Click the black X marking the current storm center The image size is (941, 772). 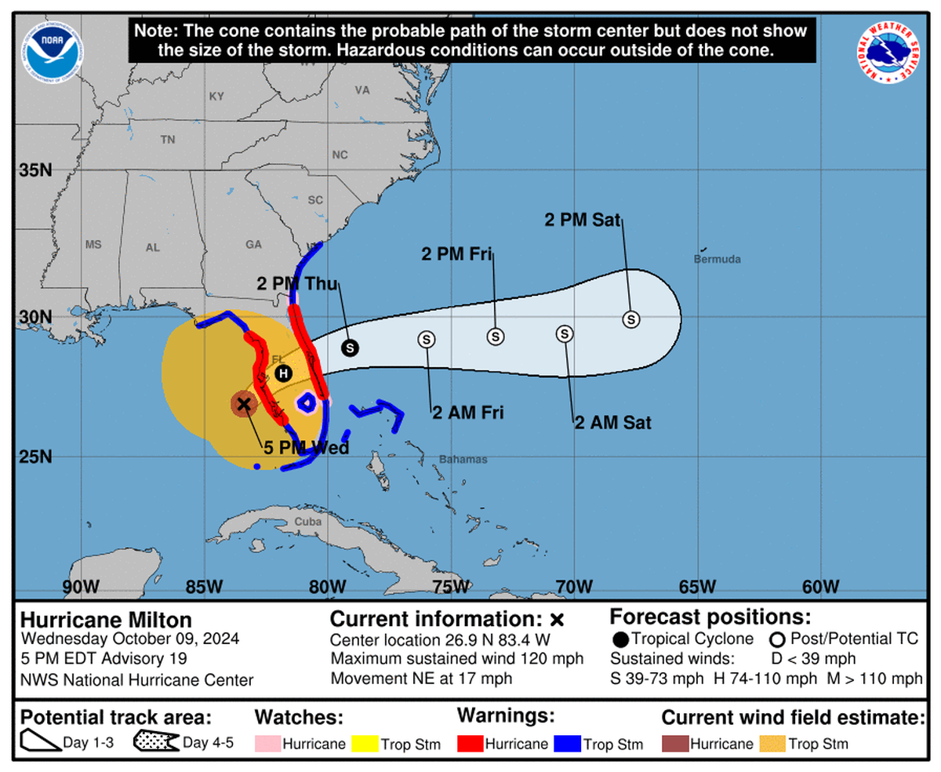(x=244, y=404)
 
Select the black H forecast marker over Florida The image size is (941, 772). (x=283, y=373)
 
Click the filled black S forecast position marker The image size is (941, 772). (x=350, y=347)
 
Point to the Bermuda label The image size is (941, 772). (x=717, y=259)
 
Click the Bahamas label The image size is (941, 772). (x=463, y=459)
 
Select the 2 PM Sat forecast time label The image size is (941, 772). (x=583, y=220)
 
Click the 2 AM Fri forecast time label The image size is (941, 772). (x=467, y=412)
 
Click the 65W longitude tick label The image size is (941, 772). (x=697, y=586)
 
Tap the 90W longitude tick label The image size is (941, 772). (x=81, y=586)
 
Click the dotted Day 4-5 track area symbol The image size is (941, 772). (x=155, y=742)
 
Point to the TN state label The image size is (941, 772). (x=167, y=140)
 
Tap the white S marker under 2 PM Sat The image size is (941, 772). (x=631, y=319)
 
